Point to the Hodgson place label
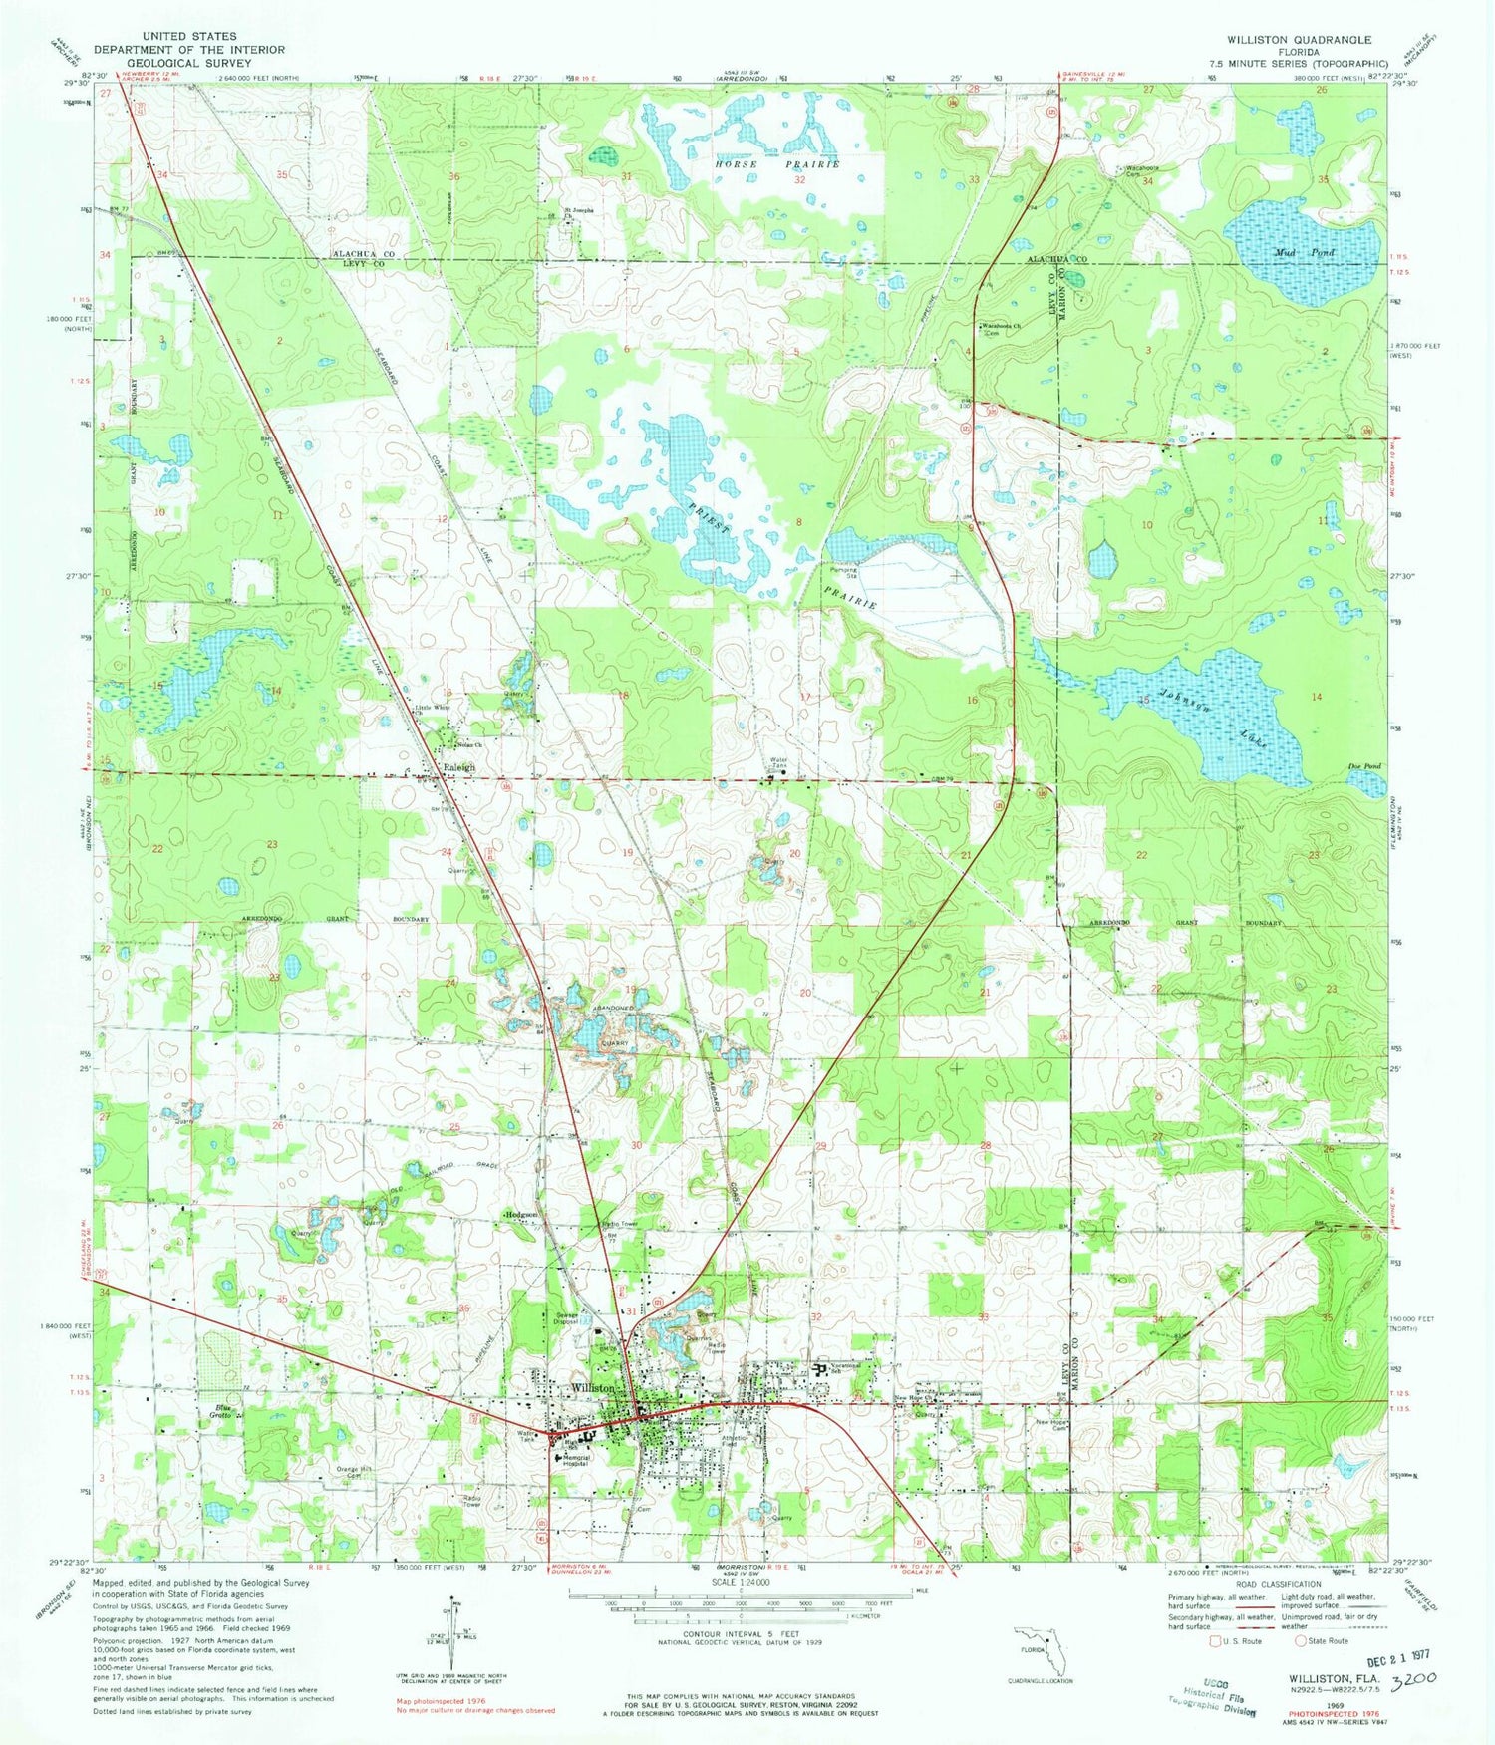[522, 1215]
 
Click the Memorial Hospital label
[578, 1462]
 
